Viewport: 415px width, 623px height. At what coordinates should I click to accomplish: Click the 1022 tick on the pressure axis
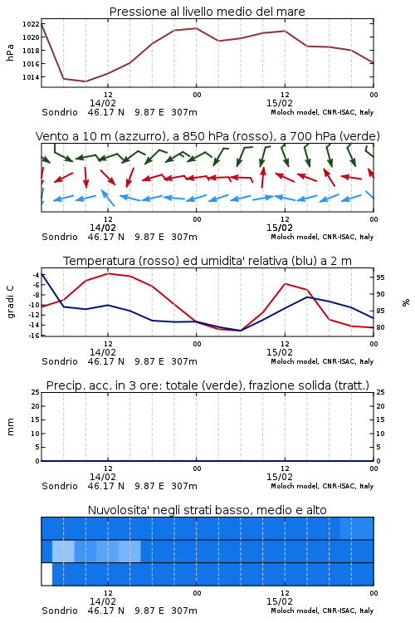(x=31, y=24)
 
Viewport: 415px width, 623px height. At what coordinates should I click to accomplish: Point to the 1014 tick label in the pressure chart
(x=31, y=77)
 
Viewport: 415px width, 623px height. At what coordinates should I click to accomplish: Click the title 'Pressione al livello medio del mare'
(x=207, y=12)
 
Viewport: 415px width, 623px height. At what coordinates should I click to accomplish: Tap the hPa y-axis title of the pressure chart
(x=10, y=52)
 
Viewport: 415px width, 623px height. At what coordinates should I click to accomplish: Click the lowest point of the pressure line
(x=85, y=81)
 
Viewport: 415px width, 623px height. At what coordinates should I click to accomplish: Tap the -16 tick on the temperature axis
(x=35, y=336)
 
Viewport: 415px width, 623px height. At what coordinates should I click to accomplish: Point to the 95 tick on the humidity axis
(x=380, y=277)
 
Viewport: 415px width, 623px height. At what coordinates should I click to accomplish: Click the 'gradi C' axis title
(x=11, y=302)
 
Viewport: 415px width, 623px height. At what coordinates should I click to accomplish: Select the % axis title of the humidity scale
(x=406, y=302)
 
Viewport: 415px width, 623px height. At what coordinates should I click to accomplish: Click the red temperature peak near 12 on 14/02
(x=108, y=273)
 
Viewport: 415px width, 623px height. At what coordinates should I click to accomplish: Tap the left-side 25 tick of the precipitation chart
(x=36, y=392)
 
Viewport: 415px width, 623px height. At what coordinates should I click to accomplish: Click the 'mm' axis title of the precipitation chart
(x=11, y=427)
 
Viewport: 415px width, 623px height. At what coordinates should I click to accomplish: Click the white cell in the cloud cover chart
(x=46, y=574)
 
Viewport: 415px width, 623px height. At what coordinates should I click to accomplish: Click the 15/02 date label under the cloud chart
(x=280, y=601)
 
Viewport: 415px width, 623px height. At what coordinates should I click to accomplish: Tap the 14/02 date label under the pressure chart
(x=103, y=103)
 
